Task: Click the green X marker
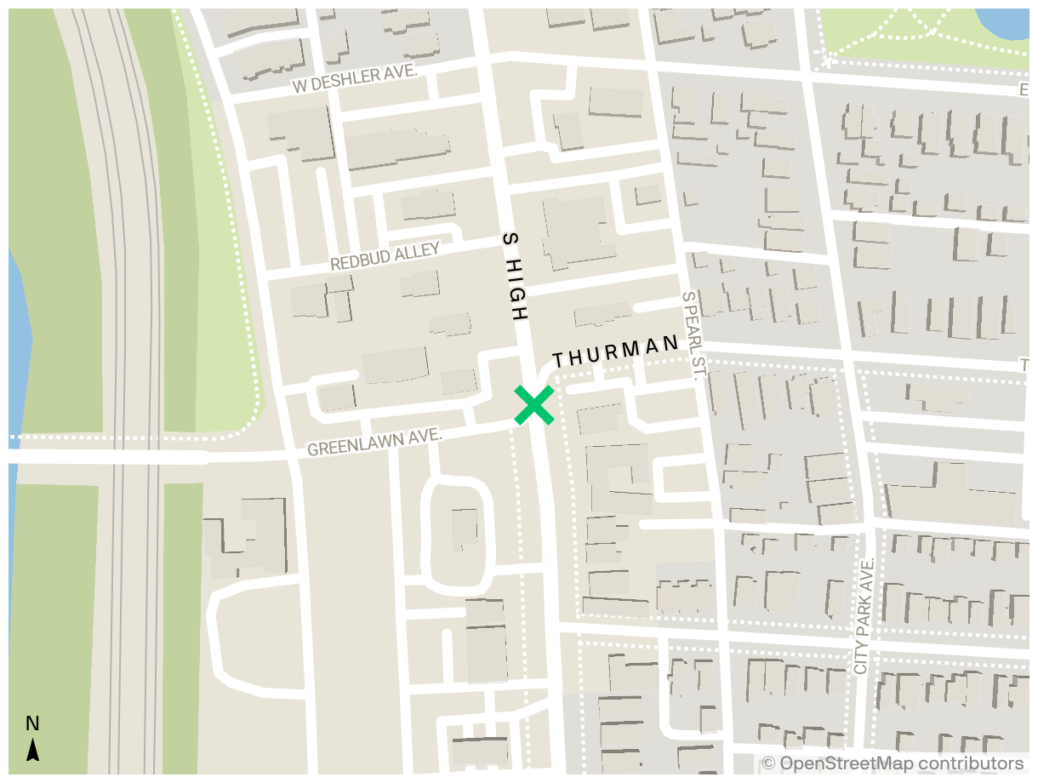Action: [534, 405]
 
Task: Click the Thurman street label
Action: [616, 352]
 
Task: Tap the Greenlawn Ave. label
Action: [374, 442]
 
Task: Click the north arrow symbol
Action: [33, 749]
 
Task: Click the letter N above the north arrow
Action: [32, 724]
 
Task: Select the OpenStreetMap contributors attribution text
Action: [893, 763]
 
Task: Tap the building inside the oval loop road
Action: [465, 528]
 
